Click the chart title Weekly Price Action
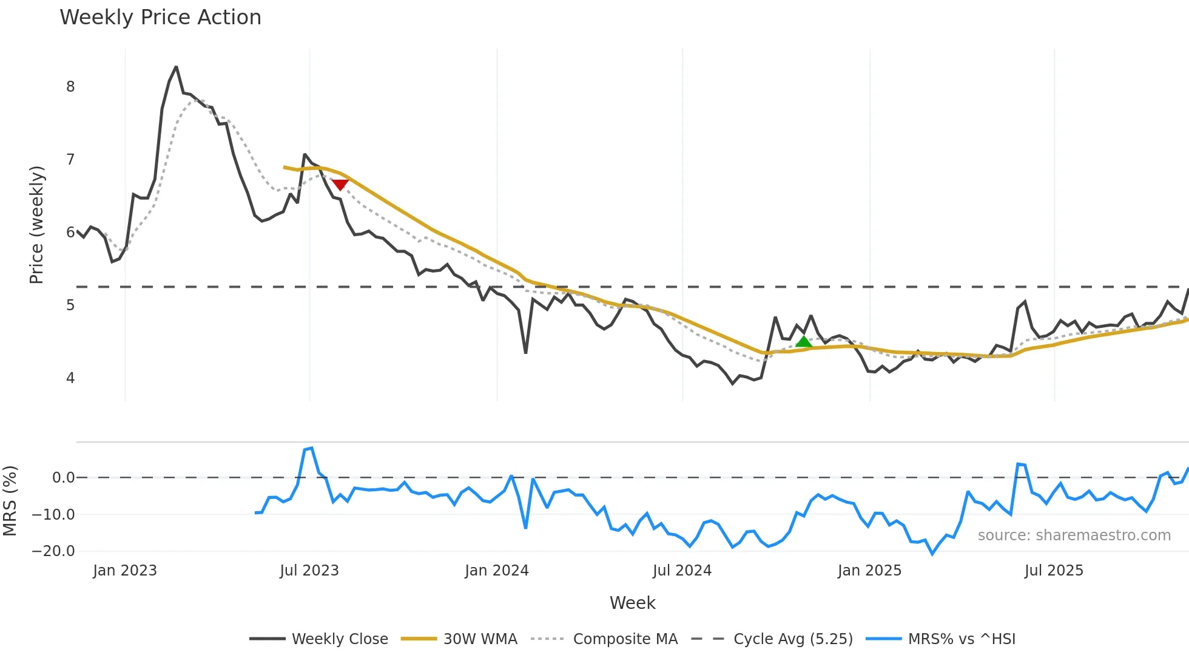point(160,18)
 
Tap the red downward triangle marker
point(340,185)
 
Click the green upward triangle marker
point(804,342)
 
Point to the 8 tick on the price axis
point(70,87)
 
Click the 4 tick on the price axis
point(70,378)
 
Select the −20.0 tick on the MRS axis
point(53,551)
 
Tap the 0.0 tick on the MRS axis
point(63,478)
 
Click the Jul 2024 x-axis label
point(682,571)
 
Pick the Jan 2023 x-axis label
point(125,571)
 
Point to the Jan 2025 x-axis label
point(869,571)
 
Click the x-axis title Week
point(632,603)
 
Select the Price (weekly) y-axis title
point(36,225)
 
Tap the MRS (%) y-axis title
point(10,501)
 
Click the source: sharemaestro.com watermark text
point(1074,535)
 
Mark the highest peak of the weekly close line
point(176,67)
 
